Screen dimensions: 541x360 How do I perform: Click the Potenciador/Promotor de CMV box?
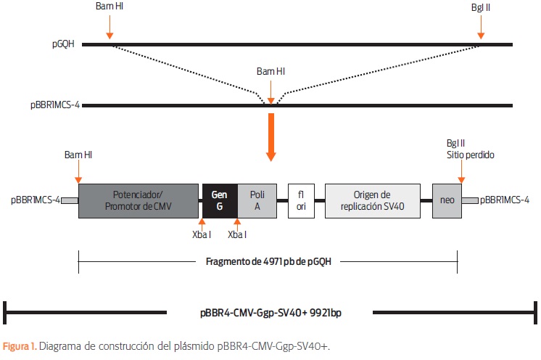pyautogui.click(x=139, y=201)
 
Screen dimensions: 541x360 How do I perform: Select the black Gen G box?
pyautogui.click(x=220, y=201)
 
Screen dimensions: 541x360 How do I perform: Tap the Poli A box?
pyautogui.click(x=257, y=201)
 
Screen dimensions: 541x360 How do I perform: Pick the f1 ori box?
pyautogui.click(x=301, y=201)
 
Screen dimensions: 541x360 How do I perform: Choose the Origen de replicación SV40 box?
pyautogui.click(x=373, y=201)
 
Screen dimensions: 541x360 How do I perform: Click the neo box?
pyautogui.click(x=447, y=201)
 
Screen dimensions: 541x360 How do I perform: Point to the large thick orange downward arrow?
pyautogui.click(x=271, y=137)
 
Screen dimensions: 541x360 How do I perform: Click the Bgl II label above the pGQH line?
pyautogui.click(x=481, y=7)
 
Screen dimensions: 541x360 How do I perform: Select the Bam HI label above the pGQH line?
pyautogui.click(x=110, y=7)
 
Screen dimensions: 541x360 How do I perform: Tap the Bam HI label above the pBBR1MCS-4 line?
pyautogui.click(x=270, y=71)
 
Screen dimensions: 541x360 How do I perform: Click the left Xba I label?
pyautogui.click(x=202, y=234)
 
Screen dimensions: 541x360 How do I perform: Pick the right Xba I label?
pyautogui.click(x=237, y=234)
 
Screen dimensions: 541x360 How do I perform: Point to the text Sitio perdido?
pyautogui.click(x=471, y=155)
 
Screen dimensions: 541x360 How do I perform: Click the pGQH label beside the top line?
pyautogui.click(x=63, y=44)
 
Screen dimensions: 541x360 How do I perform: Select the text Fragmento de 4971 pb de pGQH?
pyautogui.click(x=268, y=261)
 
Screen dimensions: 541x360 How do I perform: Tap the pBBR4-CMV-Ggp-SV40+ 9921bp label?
pyautogui.click(x=270, y=313)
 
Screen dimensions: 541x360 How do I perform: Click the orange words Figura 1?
pyautogui.click(x=20, y=346)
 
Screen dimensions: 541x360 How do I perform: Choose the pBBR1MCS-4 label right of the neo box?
pyautogui.click(x=505, y=200)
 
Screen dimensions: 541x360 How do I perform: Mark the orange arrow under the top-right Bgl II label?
pyautogui.click(x=481, y=28)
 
